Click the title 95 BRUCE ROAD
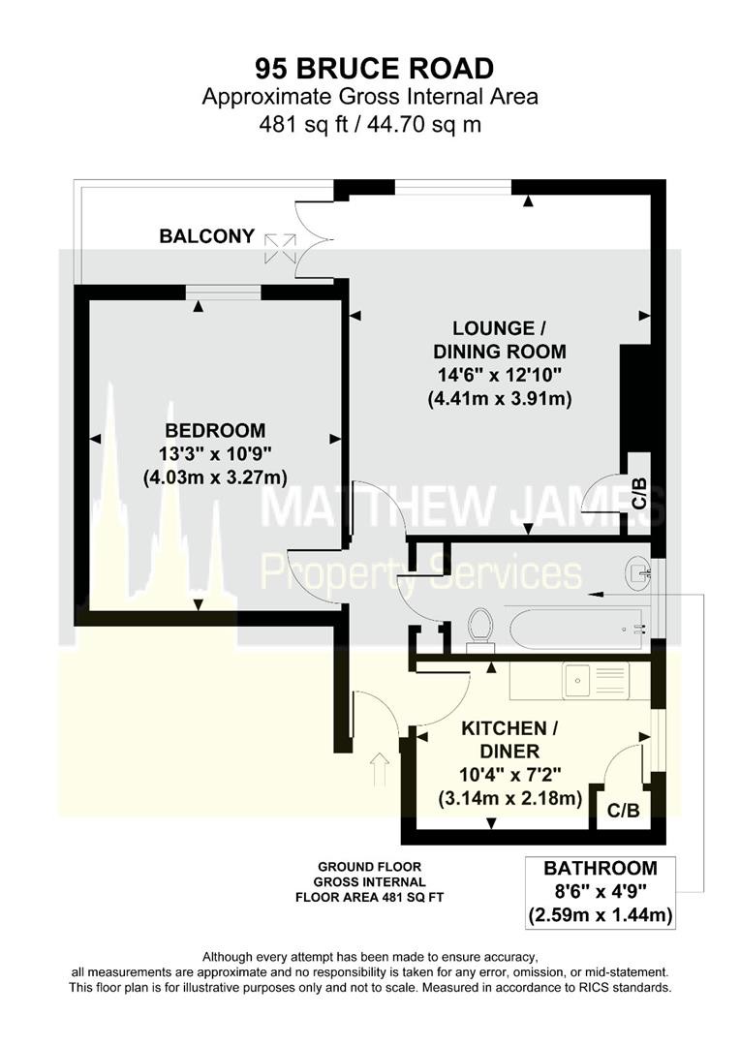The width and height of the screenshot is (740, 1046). [374, 68]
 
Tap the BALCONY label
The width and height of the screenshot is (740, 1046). [207, 236]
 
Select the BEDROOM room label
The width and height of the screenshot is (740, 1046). [216, 430]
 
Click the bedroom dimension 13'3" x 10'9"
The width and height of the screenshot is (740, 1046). [216, 453]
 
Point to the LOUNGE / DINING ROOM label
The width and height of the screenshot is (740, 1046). [500, 340]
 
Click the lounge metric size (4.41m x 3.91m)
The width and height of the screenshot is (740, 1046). [500, 399]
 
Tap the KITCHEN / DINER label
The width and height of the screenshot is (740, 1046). [510, 739]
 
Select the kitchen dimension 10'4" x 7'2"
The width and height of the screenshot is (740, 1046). [510, 775]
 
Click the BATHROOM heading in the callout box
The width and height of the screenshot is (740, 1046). [601, 868]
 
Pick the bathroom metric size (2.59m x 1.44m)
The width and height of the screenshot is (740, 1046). [601, 914]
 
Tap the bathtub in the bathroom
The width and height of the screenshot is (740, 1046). [577, 629]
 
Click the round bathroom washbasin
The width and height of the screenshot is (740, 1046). [638, 570]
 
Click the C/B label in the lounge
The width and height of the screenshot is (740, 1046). [639, 494]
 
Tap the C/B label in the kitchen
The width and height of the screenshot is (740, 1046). [623, 811]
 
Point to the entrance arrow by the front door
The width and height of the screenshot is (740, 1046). [380, 768]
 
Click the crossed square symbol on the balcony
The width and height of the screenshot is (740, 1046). [280, 248]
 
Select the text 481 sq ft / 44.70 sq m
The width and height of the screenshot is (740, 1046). [370, 124]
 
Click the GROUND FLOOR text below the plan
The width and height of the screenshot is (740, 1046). [370, 867]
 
